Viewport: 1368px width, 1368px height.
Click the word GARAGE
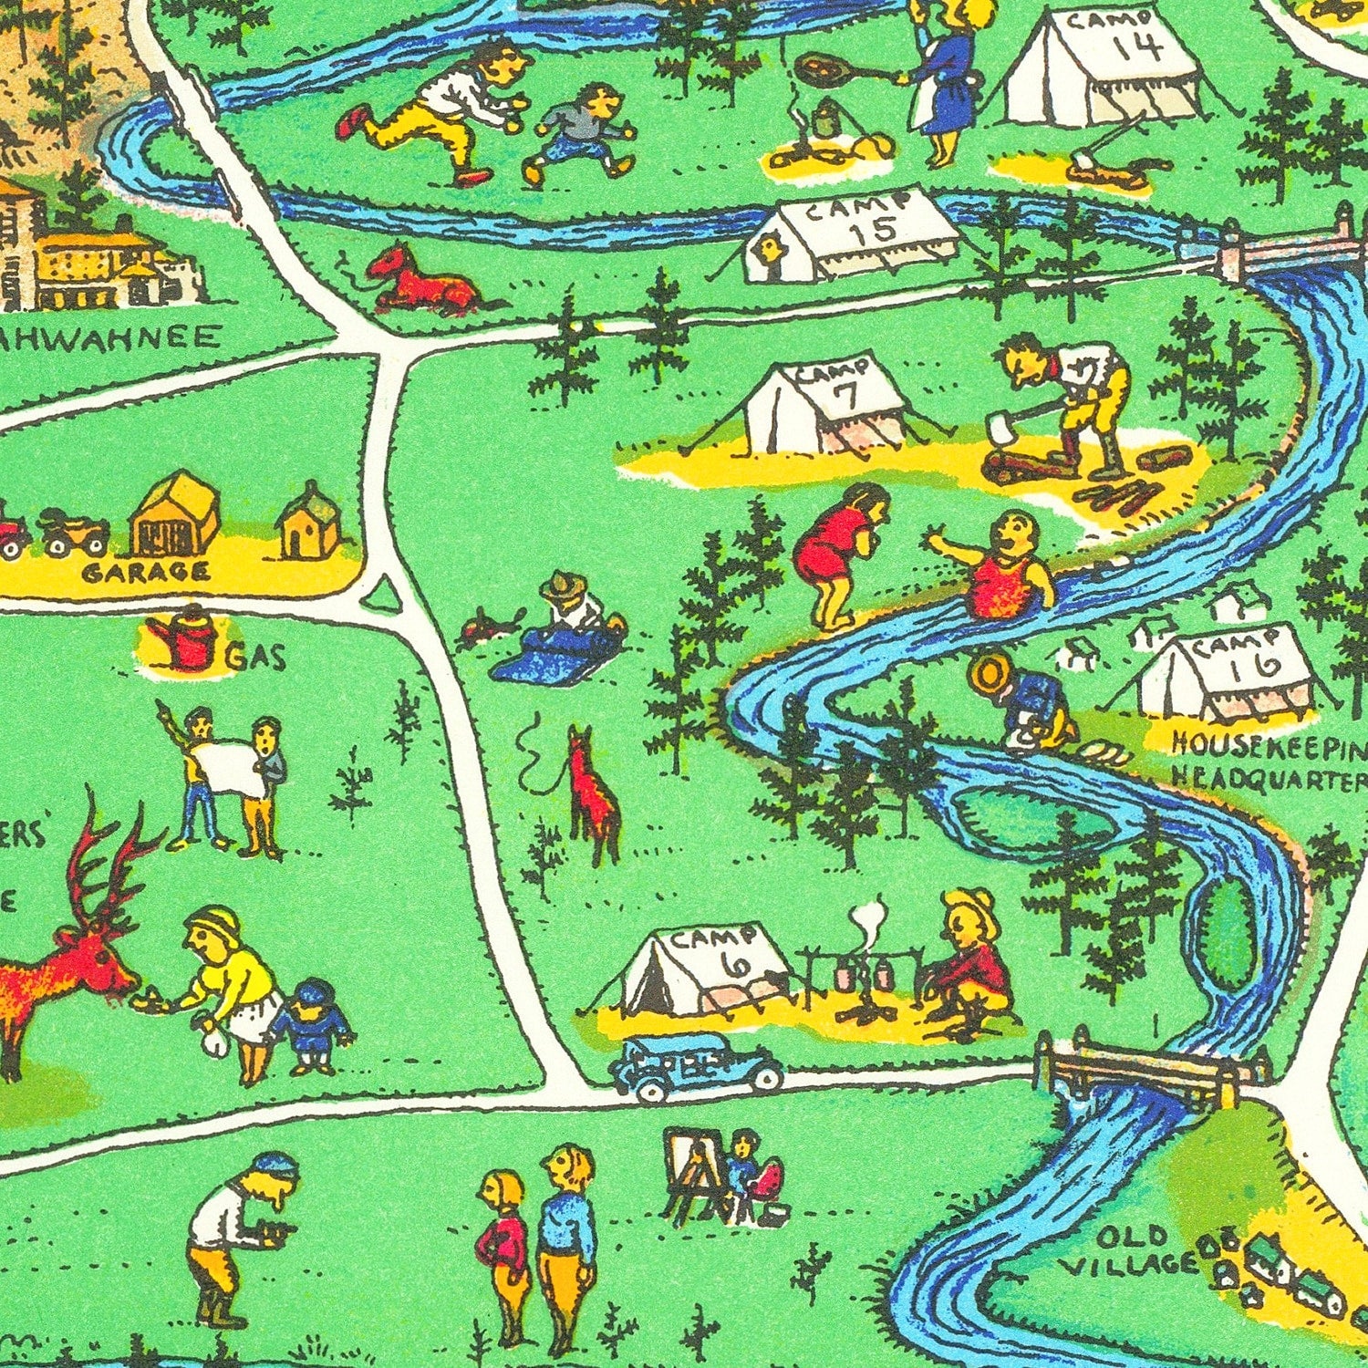click(x=146, y=573)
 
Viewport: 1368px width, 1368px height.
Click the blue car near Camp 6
click(x=695, y=1067)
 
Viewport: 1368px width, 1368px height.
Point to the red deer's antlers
click(x=105, y=857)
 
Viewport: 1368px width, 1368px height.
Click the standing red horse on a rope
click(x=592, y=793)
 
